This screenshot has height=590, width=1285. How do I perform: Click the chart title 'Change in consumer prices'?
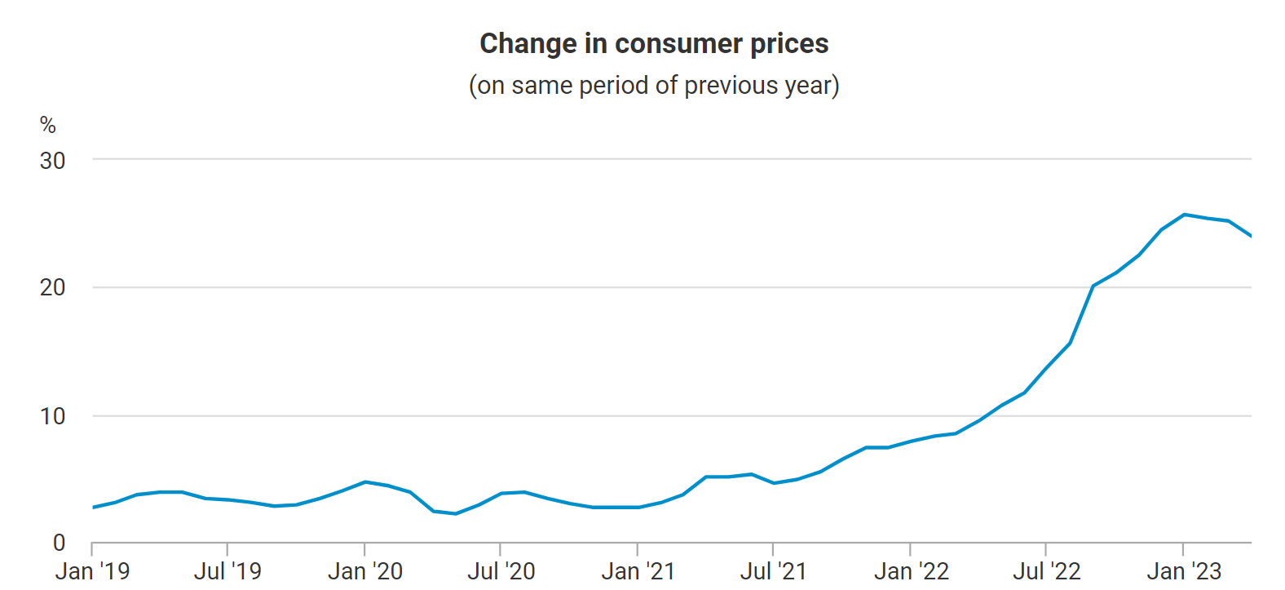pos(654,43)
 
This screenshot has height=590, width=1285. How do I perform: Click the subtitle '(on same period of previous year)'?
pos(654,86)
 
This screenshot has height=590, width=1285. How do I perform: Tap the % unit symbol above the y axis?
pos(48,125)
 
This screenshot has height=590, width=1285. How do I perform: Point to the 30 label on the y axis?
pos(52,161)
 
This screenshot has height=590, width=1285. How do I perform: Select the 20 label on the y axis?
pos(52,287)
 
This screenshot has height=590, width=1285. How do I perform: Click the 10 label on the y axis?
pos(52,416)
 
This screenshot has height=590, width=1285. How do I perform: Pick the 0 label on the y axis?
pos(59,543)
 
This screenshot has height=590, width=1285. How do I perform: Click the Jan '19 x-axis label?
pos(92,571)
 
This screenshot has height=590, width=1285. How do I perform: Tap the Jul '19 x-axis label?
pos(227,571)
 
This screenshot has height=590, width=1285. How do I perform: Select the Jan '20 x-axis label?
pos(364,571)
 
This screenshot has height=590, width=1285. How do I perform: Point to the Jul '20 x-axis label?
pos(501,571)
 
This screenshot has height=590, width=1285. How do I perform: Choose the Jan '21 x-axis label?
pos(638,571)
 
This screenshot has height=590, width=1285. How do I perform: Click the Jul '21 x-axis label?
pos(773,571)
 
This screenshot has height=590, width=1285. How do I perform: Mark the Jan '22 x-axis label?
pos(911,571)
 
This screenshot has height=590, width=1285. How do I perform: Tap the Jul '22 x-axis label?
pos(1046,571)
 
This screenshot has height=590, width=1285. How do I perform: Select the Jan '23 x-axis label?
pos(1183,571)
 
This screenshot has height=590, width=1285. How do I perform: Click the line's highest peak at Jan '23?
pos(1184,215)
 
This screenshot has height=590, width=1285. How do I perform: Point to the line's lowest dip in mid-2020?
pos(455,513)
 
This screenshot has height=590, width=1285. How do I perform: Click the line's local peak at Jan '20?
pos(364,481)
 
